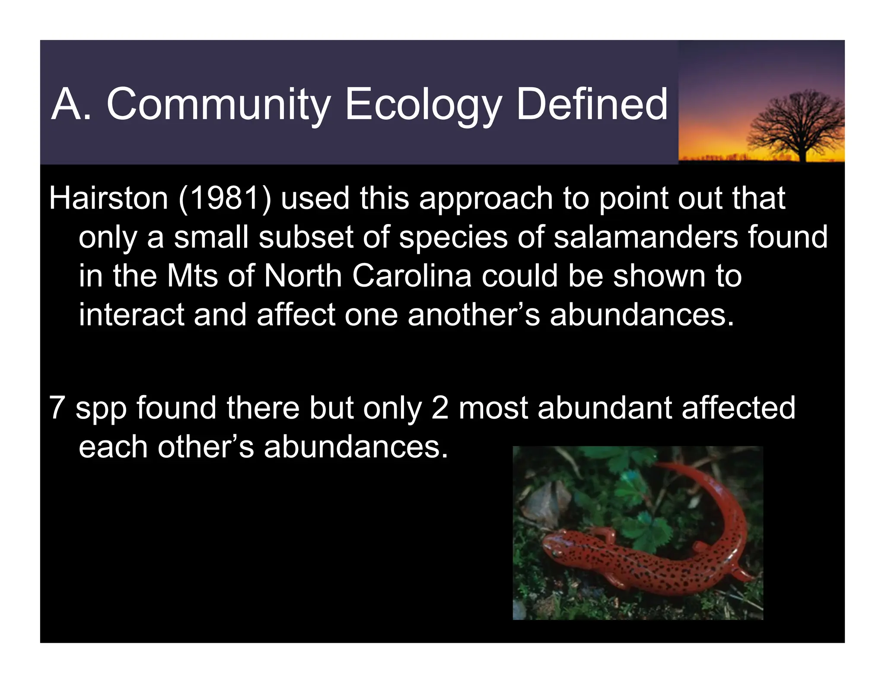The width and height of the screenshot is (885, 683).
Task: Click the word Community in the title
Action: pos(218,104)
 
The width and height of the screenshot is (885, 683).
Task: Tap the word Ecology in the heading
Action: pos(423,104)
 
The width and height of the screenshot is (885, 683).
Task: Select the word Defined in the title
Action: pos(592,104)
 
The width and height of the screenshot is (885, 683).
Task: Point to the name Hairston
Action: pos(108,199)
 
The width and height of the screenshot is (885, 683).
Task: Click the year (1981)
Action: pos(225,199)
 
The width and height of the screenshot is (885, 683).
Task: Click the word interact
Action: pos(131,315)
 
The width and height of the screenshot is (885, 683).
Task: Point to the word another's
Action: pos(474,315)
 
